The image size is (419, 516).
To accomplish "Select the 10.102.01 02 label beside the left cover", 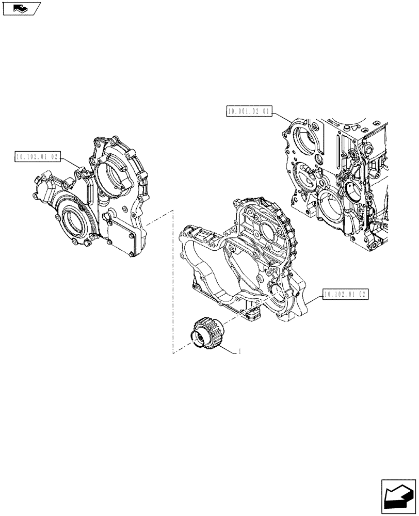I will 38,156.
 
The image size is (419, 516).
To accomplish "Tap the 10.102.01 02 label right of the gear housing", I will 346,295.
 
